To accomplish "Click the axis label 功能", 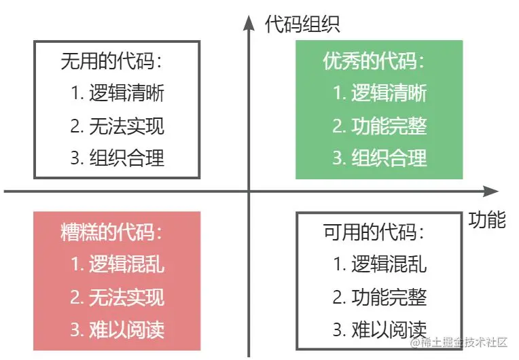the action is [x=487, y=219].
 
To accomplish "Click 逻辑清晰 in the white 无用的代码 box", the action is [x=126, y=94].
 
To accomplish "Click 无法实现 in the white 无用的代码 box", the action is [x=126, y=126].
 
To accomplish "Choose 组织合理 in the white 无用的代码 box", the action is [x=126, y=158].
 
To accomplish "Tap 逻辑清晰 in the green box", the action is [x=389, y=94].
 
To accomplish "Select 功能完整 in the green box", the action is [x=389, y=126].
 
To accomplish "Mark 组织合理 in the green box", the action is [x=389, y=158].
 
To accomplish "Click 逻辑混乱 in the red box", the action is [x=126, y=264].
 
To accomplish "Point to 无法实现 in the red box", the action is [x=126, y=297].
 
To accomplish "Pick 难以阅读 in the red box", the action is [x=126, y=329].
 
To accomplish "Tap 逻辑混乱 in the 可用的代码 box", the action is [x=389, y=264].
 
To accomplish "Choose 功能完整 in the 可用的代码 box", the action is [x=389, y=297].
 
